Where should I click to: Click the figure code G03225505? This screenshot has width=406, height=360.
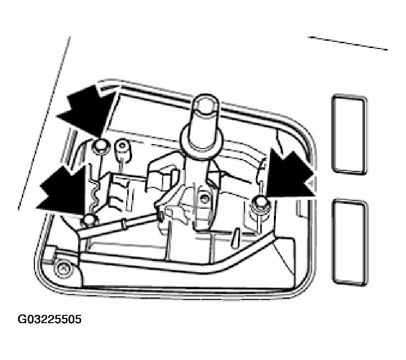click(50, 319)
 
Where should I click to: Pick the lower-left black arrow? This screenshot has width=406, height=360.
click(64, 191)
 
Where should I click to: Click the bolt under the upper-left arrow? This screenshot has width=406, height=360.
click(100, 147)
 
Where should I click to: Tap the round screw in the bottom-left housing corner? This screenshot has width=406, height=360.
click(62, 269)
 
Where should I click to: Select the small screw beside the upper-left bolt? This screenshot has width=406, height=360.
click(122, 146)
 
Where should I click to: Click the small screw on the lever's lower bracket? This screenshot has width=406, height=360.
click(204, 198)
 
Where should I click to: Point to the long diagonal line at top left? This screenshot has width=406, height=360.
click(44, 123)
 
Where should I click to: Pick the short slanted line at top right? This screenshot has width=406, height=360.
click(348, 43)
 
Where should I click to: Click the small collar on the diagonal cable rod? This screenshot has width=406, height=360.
click(125, 224)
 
